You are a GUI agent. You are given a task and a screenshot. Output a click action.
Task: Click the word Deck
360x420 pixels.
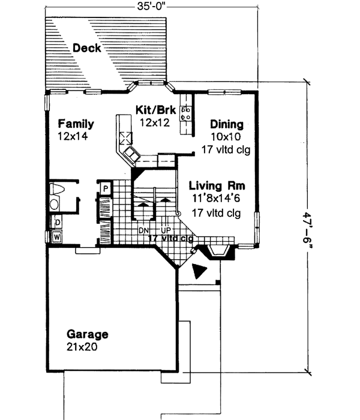coord(87,48)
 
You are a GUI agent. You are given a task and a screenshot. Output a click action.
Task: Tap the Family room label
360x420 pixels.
coord(76,124)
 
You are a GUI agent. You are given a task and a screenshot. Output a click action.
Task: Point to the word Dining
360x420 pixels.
coord(227,125)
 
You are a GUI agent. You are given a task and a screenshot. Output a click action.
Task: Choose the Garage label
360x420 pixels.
coord(88,334)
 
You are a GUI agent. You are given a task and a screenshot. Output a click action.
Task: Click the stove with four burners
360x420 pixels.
coord(186,112)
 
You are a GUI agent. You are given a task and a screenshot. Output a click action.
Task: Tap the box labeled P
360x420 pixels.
coord(106,188)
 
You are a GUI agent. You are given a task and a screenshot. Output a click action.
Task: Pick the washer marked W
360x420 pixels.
coord(58,236)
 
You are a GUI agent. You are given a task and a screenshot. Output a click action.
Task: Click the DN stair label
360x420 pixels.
coord(143,230)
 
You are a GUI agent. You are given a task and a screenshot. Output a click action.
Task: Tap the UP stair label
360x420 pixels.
coord(164,230)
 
